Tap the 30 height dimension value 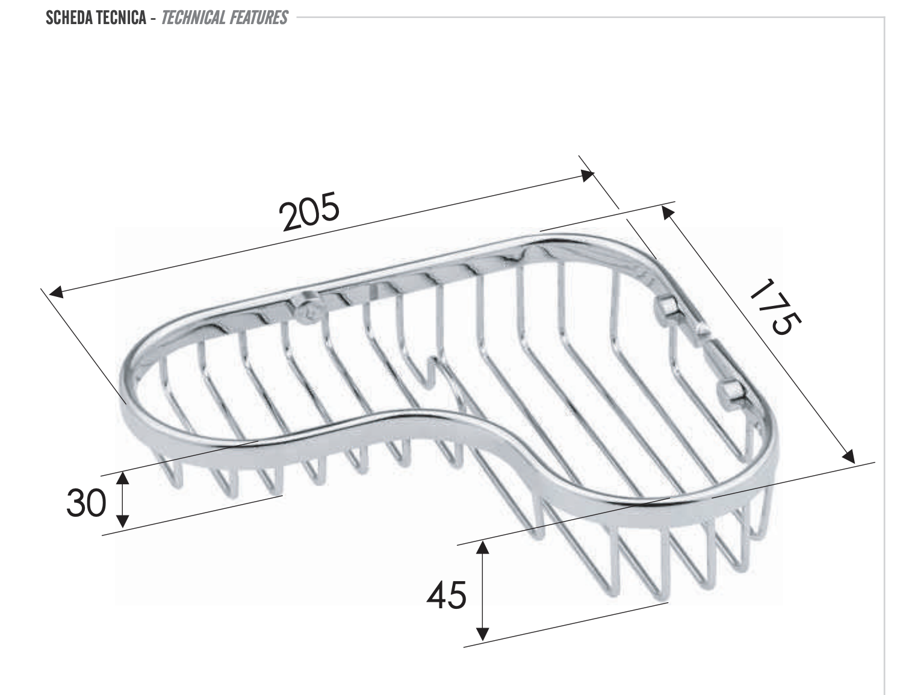[x=87, y=503]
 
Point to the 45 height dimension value [x=446, y=595]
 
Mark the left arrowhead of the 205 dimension [x=55, y=292]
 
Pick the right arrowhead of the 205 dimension [x=588, y=176]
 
